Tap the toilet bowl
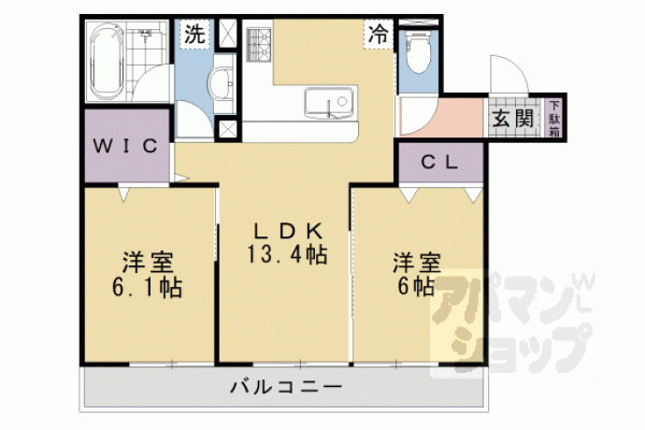coord(418,52)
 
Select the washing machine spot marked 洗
coord(194,35)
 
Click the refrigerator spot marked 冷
coord(378,35)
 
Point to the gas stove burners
coord(259,45)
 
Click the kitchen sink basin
coord(328,102)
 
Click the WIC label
coord(125,146)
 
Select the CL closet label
coord(439,163)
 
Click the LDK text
coord(288,231)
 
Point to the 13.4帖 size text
coord(287,254)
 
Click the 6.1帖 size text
coord(148,287)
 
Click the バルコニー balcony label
coord(286,387)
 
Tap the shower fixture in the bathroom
coord(145,34)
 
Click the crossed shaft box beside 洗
coord(227,35)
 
